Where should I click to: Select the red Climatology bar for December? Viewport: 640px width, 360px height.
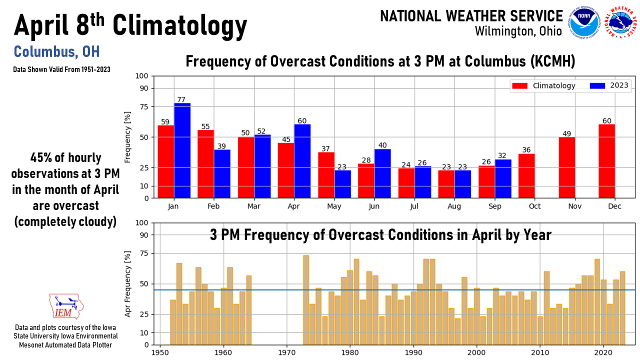pyautogui.click(x=607, y=161)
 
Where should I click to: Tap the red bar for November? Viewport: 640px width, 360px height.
pyautogui.click(x=567, y=168)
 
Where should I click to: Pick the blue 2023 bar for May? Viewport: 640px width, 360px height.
pyautogui.click(x=342, y=184)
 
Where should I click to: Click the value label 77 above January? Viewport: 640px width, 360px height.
pyautogui.click(x=182, y=99)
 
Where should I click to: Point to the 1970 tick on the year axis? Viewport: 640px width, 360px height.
pyautogui.click(x=287, y=352)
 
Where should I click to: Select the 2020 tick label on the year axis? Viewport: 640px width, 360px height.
pyautogui.click(x=603, y=352)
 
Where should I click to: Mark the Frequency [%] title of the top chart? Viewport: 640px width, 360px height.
pyautogui.click(x=128, y=137)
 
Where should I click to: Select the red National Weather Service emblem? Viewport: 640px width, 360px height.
pyautogui.click(x=620, y=22)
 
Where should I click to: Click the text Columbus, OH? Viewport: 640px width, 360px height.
pyautogui.click(x=56, y=51)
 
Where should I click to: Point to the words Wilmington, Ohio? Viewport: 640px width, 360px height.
pyautogui.click(x=518, y=31)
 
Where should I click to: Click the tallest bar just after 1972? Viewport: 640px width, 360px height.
pyautogui.click(x=306, y=300)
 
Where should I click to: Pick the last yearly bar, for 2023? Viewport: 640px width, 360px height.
pyautogui.click(x=622, y=308)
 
